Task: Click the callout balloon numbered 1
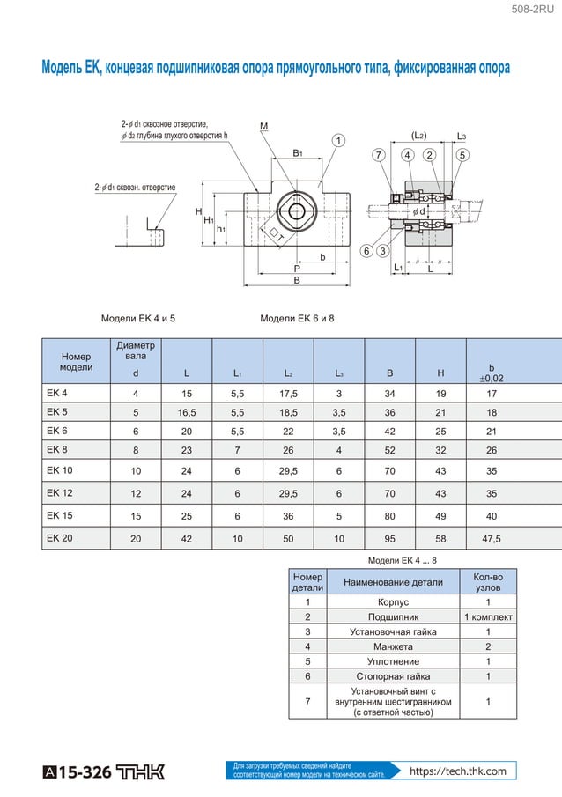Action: point(337,140)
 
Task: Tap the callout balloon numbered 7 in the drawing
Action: point(379,155)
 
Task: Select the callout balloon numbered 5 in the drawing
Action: point(462,155)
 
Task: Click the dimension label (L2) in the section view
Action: point(419,136)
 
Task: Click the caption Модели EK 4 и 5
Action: point(138,318)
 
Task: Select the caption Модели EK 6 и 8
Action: point(298,318)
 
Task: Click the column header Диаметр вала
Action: point(136,351)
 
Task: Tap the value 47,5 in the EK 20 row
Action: point(492,539)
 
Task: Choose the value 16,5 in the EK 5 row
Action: point(187,412)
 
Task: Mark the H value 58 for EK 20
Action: point(440,539)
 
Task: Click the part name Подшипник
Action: point(393,616)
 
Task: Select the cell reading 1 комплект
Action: point(488,616)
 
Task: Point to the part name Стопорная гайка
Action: point(393,676)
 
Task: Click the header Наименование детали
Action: point(393,582)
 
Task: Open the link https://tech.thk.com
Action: point(458,771)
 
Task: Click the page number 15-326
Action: point(85,772)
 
